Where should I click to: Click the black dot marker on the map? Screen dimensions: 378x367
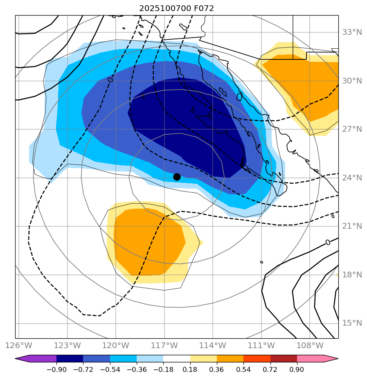177,177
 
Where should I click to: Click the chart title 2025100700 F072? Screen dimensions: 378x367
176,8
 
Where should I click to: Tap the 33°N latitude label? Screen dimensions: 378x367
352,32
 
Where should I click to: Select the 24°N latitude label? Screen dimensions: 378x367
352,178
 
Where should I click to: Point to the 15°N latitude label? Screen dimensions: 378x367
352,323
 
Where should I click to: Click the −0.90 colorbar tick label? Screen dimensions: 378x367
56,369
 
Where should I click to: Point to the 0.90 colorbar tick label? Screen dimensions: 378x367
297,369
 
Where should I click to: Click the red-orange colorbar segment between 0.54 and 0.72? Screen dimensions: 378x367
257,359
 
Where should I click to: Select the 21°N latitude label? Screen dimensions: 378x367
352,226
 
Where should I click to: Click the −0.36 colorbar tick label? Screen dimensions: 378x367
137,369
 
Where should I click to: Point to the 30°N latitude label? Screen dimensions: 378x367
352,81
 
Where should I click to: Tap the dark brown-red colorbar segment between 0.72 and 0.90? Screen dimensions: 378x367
284,359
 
